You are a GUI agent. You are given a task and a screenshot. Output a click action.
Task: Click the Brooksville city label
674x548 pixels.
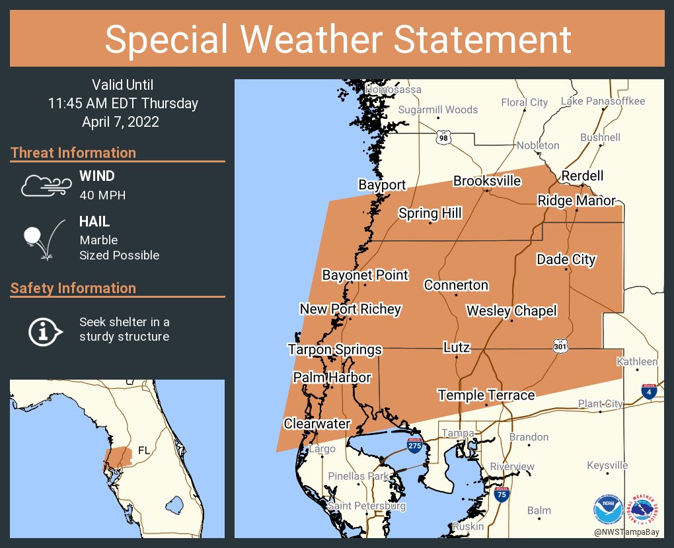point(487,181)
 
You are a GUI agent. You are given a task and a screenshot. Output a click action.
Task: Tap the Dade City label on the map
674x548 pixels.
point(566,259)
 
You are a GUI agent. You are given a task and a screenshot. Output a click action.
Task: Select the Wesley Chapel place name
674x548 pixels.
point(511,310)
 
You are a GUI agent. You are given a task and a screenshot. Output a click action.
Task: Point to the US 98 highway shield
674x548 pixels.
point(443,137)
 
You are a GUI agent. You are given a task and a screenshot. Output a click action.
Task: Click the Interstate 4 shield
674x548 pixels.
point(649,392)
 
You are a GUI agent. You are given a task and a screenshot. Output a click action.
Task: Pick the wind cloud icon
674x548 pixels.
point(45,186)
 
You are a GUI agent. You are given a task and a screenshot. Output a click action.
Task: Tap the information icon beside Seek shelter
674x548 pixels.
point(44,330)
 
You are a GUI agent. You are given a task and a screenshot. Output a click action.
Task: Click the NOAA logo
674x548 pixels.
point(608,509)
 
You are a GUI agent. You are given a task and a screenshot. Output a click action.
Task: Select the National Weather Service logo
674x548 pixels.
point(644,509)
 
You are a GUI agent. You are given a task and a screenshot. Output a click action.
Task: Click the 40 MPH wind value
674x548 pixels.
point(102,195)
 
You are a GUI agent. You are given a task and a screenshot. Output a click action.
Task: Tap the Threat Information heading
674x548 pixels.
point(73,153)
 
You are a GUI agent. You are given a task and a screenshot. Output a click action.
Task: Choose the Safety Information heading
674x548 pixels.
point(73,288)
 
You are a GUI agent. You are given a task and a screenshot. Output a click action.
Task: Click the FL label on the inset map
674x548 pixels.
point(143,451)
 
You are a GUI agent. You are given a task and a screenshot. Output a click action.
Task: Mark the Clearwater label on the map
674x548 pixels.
point(317,423)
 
